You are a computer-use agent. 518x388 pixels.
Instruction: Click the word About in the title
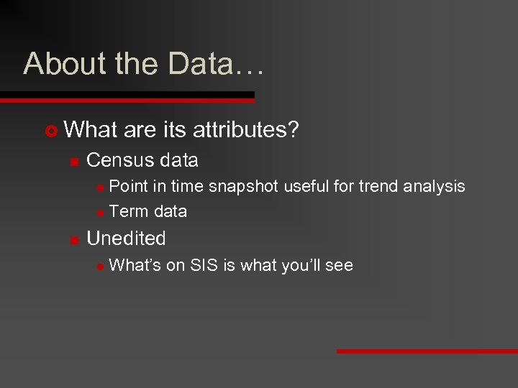(55, 64)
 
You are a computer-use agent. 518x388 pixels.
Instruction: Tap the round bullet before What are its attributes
(50, 131)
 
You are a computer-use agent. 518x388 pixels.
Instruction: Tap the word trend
(378, 187)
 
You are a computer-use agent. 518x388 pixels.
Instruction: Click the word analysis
(434, 187)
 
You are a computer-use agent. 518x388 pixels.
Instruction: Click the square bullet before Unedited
(73, 240)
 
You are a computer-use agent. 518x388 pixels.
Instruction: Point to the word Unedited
(126, 239)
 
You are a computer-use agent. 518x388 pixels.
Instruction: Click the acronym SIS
(205, 265)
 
